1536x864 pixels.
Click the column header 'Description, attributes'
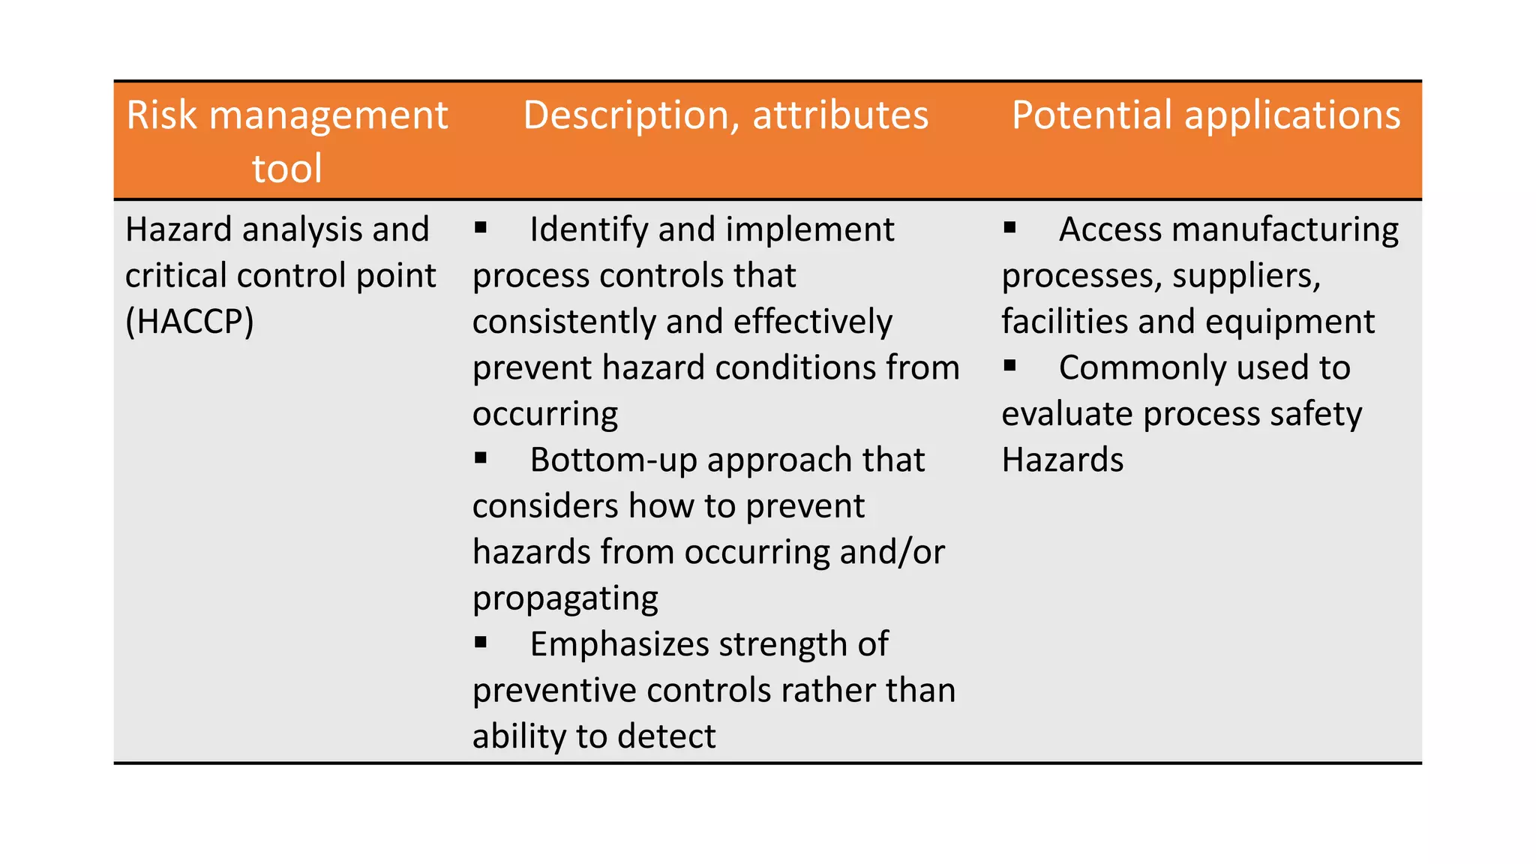coord(725,116)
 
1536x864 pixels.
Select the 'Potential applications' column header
coord(1205,116)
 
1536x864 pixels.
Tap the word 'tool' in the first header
coord(286,169)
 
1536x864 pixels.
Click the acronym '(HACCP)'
coord(190,322)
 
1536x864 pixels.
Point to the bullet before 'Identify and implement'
coord(481,227)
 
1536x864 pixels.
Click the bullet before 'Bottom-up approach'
coord(481,457)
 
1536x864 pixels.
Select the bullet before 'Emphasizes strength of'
coord(481,642)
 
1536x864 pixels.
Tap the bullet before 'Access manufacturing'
coord(1009,227)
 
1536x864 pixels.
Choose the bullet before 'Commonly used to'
coord(1009,366)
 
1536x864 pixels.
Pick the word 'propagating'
coord(565,599)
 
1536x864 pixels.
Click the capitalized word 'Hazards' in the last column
coord(1062,460)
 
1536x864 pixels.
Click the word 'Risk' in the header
coord(161,116)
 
